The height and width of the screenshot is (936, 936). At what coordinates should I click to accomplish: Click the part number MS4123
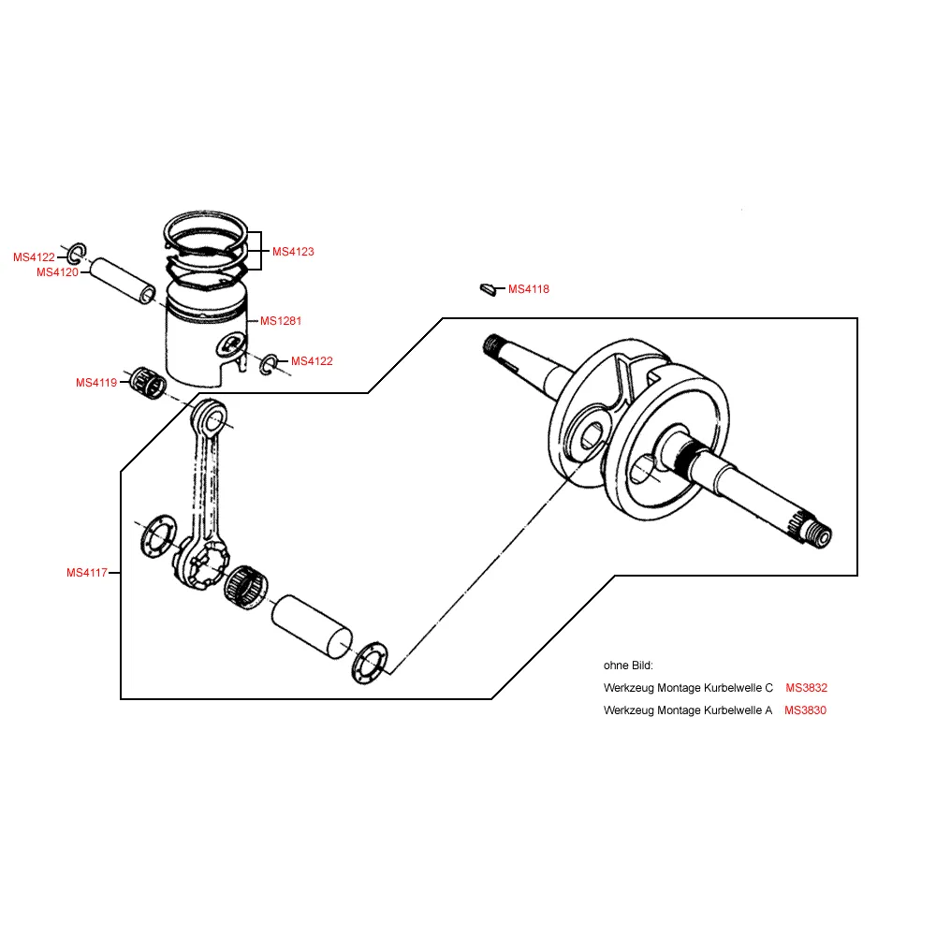point(293,252)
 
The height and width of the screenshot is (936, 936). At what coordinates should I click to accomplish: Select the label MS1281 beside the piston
point(281,321)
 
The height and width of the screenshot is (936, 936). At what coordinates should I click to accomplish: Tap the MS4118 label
point(529,289)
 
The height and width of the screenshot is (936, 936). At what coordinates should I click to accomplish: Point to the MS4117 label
point(87,573)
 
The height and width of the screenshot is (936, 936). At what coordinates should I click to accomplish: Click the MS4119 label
point(96,383)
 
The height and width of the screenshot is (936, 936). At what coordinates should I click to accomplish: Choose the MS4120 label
point(57,272)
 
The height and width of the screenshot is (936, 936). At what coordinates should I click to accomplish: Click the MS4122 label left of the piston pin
point(34,257)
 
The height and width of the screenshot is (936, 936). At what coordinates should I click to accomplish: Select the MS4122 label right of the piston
point(312,361)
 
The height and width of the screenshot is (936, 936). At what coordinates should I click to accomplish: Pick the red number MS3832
point(807,688)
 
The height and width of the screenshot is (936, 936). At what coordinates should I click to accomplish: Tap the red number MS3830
point(806,710)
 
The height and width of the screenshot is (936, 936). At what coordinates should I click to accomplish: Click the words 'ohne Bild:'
point(628,665)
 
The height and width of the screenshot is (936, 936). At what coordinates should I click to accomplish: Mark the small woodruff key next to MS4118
point(486,288)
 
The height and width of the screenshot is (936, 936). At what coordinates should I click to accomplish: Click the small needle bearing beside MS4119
point(147,382)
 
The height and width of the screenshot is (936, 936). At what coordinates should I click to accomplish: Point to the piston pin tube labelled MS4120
point(124,282)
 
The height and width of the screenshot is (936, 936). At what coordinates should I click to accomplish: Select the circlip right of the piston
point(268,364)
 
